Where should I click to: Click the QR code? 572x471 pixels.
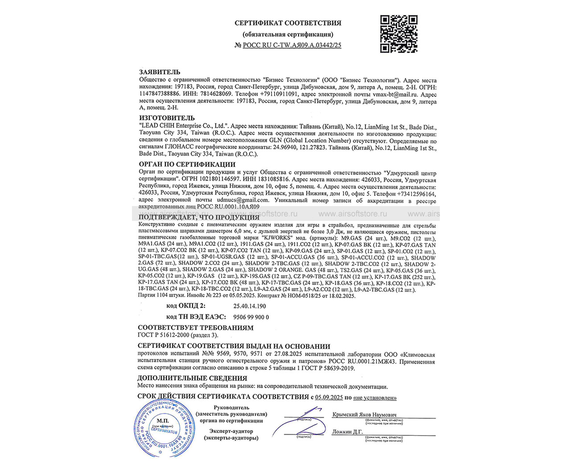coord(399,34)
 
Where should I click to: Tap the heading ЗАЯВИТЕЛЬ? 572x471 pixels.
coord(160,72)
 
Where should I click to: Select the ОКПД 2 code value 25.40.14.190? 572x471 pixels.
coord(249,306)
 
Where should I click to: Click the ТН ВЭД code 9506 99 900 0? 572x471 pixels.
coord(251,317)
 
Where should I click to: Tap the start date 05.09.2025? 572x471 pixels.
coord(329,397)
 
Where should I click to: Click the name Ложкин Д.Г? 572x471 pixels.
coord(347,432)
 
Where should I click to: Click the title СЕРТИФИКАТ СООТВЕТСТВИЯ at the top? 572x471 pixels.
coord(288,23)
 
